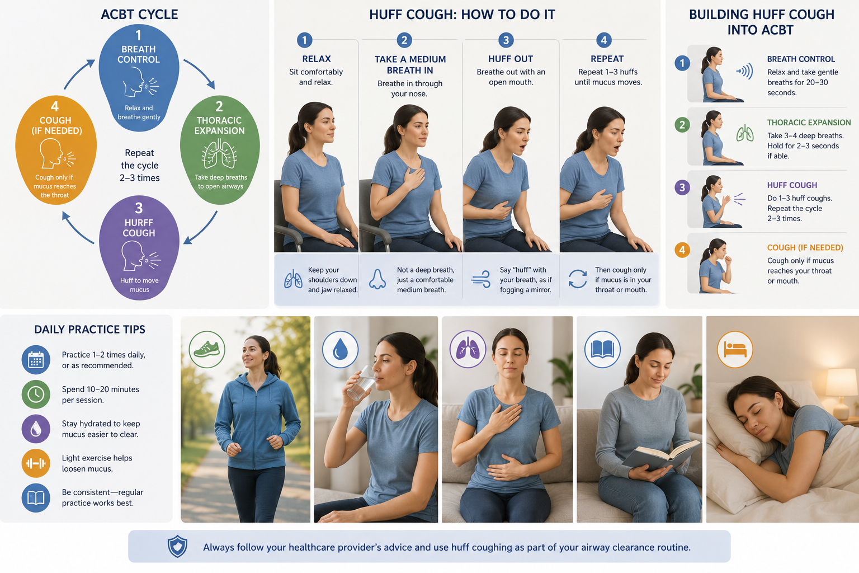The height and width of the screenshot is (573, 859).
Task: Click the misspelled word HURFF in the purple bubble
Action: [x=139, y=223]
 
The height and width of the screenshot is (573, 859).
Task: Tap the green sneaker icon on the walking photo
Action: [x=207, y=349]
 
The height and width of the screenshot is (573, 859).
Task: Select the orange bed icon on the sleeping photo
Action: [x=735, y=349]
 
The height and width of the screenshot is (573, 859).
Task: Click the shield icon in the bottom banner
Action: [x=177, y=547]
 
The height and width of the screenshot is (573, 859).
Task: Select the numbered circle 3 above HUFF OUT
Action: [x=506, y=40]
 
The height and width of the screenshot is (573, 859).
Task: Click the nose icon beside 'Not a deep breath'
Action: [x=377, y=279]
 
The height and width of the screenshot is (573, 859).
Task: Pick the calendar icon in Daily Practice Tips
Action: [x=36, y=360]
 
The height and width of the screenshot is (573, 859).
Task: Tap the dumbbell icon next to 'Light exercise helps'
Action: [x=36, y=463]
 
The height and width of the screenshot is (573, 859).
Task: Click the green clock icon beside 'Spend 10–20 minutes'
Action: [x=36, y=394]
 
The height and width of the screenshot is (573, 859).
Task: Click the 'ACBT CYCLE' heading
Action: [x=139, y=15]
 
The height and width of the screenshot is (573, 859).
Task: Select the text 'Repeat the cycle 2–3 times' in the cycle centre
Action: [x=140, y=165]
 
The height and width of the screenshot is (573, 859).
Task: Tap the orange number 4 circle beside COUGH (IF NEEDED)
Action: [x=682, y=250]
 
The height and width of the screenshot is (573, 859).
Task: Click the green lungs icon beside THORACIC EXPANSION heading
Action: [x=745, y=133]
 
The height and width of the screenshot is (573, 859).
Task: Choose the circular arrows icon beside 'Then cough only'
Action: [x=578, y=279]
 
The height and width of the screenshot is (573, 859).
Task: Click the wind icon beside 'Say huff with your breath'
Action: [x=481, y=279]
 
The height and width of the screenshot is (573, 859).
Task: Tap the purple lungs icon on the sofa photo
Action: [x=468, y=349]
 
